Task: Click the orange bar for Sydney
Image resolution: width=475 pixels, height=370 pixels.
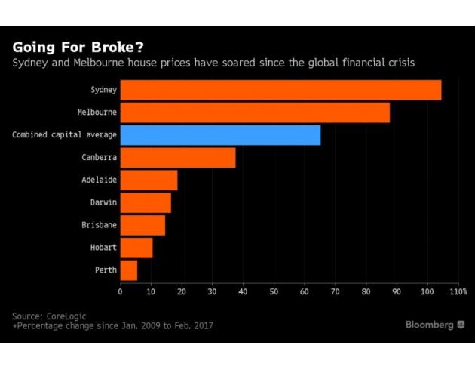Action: point(280,90)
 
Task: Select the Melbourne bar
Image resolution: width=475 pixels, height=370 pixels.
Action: point(255,113)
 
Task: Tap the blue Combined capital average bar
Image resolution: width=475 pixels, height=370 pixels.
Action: point(220,135)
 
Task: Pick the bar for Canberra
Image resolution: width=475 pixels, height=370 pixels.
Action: point(178,157)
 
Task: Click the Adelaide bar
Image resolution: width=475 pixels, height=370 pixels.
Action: point(149,180)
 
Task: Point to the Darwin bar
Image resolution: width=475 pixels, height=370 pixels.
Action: point(146,202)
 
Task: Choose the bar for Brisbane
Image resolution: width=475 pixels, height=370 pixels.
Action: point(142,225)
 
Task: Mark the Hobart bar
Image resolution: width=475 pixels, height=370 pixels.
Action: point(136,247)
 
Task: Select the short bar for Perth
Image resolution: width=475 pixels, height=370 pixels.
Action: point(129,270)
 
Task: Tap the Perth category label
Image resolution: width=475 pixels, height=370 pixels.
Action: point(105,270)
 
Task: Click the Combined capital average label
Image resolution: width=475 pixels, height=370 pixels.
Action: point(64,135)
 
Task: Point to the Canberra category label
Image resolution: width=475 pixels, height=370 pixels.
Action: point(99,157)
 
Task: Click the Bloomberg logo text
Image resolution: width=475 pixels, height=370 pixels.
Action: point(429,325)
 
